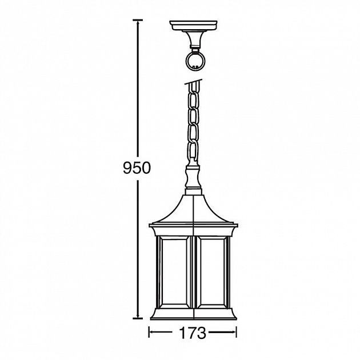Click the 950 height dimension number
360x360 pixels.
(x=137, y=168)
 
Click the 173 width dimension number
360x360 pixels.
(x=193, y=333)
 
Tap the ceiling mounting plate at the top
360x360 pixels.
(x=193, y=25)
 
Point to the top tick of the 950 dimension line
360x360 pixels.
(x=138, y=20)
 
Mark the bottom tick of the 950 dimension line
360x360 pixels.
(x=138, y=318)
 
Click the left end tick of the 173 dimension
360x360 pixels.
(x=149, y=332)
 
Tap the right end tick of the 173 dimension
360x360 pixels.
(x=236, y=332)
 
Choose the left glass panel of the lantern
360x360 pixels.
(x=175, y=272)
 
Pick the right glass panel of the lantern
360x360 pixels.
(x=211, y=272)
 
